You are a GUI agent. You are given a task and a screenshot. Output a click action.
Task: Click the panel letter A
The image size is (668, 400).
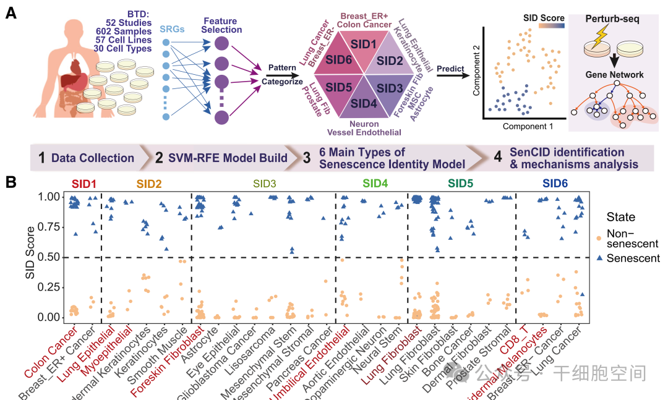click(x=11, y=12)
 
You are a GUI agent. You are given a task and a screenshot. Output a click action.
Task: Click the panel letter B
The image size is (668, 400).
click(x=11, y=182)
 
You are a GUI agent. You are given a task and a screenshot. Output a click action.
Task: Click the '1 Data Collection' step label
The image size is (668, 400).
click(x=86, y=158)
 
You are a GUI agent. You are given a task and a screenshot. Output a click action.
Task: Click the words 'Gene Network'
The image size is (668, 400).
click(x=614, y=75)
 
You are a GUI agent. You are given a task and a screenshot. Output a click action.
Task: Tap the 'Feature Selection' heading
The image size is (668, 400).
click(x=222, y=25)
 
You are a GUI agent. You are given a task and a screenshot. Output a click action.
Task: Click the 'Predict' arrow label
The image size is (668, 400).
click(x=450, y=69)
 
